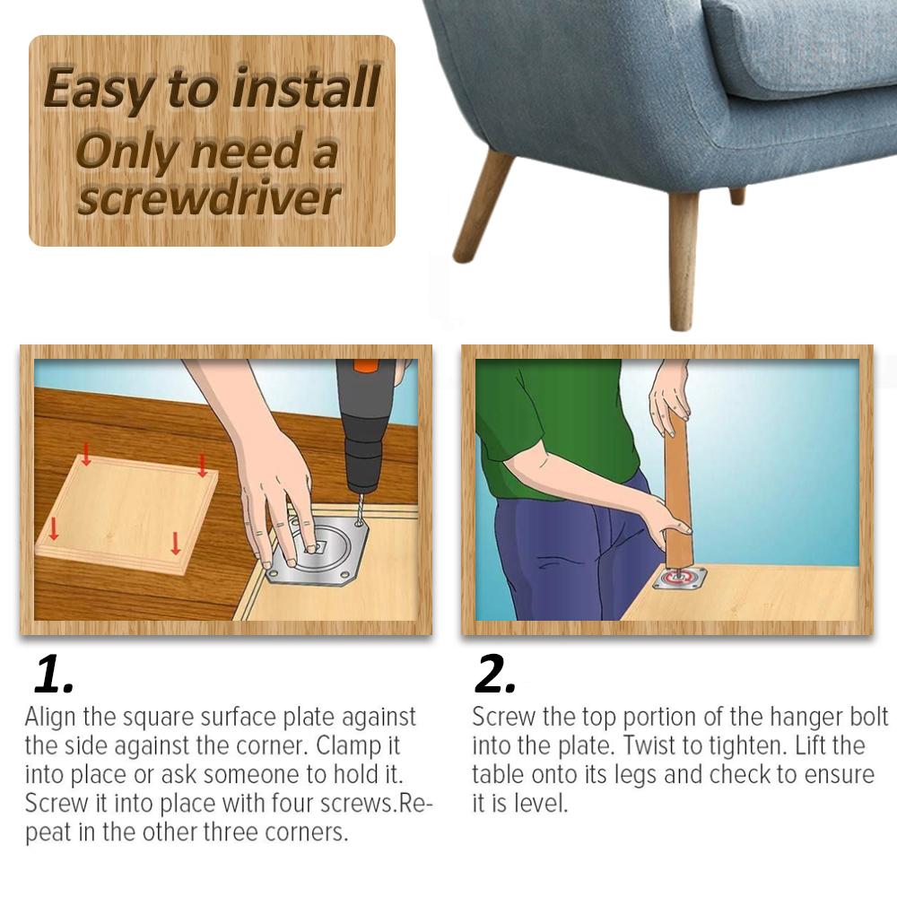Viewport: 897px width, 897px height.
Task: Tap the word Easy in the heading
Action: (x=96, y=88)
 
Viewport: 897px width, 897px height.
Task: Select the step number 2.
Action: (x=494, y=676)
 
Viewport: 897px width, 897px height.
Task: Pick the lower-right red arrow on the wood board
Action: (x=176, y=543)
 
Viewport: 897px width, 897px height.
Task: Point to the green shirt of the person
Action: (x=538, y=422)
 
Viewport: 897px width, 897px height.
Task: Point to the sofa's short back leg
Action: (x=736, y=196)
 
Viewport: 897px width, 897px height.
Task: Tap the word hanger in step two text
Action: (x=797, y=717)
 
